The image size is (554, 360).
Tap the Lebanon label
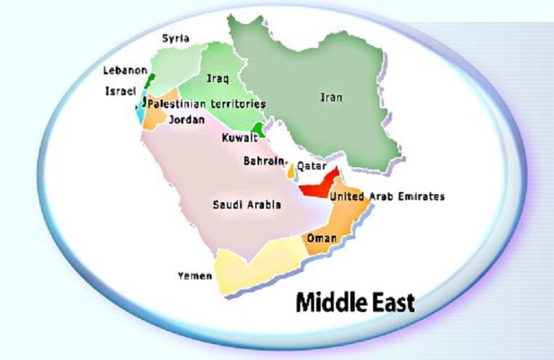125,71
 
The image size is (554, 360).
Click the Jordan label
186,120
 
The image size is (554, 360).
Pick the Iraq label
218,77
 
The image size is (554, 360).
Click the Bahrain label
263,161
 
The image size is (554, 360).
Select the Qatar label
310,166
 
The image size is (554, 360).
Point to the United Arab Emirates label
386,196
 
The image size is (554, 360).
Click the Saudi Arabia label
246,205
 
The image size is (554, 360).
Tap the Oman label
321,239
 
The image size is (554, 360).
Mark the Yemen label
195,276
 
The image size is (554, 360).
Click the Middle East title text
355,301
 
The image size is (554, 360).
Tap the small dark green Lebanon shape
150,80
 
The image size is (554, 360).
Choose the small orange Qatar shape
291,172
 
